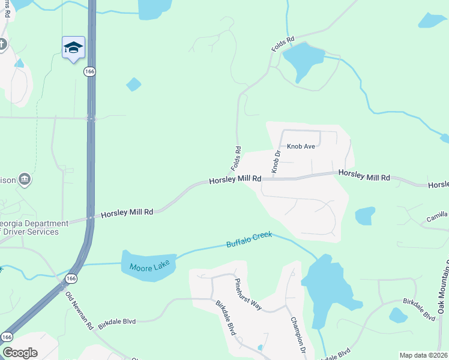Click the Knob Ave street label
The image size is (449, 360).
(301, 146)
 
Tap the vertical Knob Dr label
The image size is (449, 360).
(276, 162)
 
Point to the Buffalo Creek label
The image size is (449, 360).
(249, 239)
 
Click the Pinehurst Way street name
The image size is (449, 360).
(248, 295)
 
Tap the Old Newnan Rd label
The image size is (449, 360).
(79, 310)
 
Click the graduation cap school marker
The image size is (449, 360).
(73, 48)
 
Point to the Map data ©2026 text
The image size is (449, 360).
(424, 355)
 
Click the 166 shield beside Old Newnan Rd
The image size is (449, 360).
(71, 278)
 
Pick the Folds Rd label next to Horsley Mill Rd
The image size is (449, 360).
(237, 157)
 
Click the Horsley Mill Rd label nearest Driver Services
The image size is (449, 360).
(127, 212)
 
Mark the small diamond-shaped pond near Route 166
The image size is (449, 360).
(134, 85)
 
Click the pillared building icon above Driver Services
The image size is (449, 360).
(25, 179)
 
